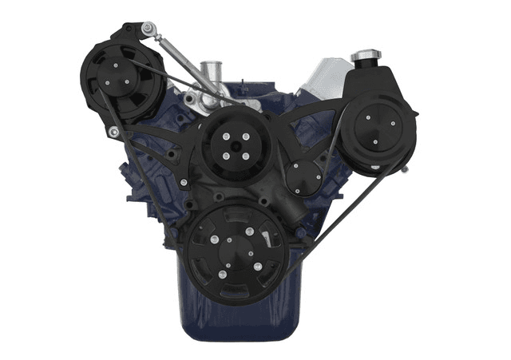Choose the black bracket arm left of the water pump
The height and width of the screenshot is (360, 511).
(x=172, y=140)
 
